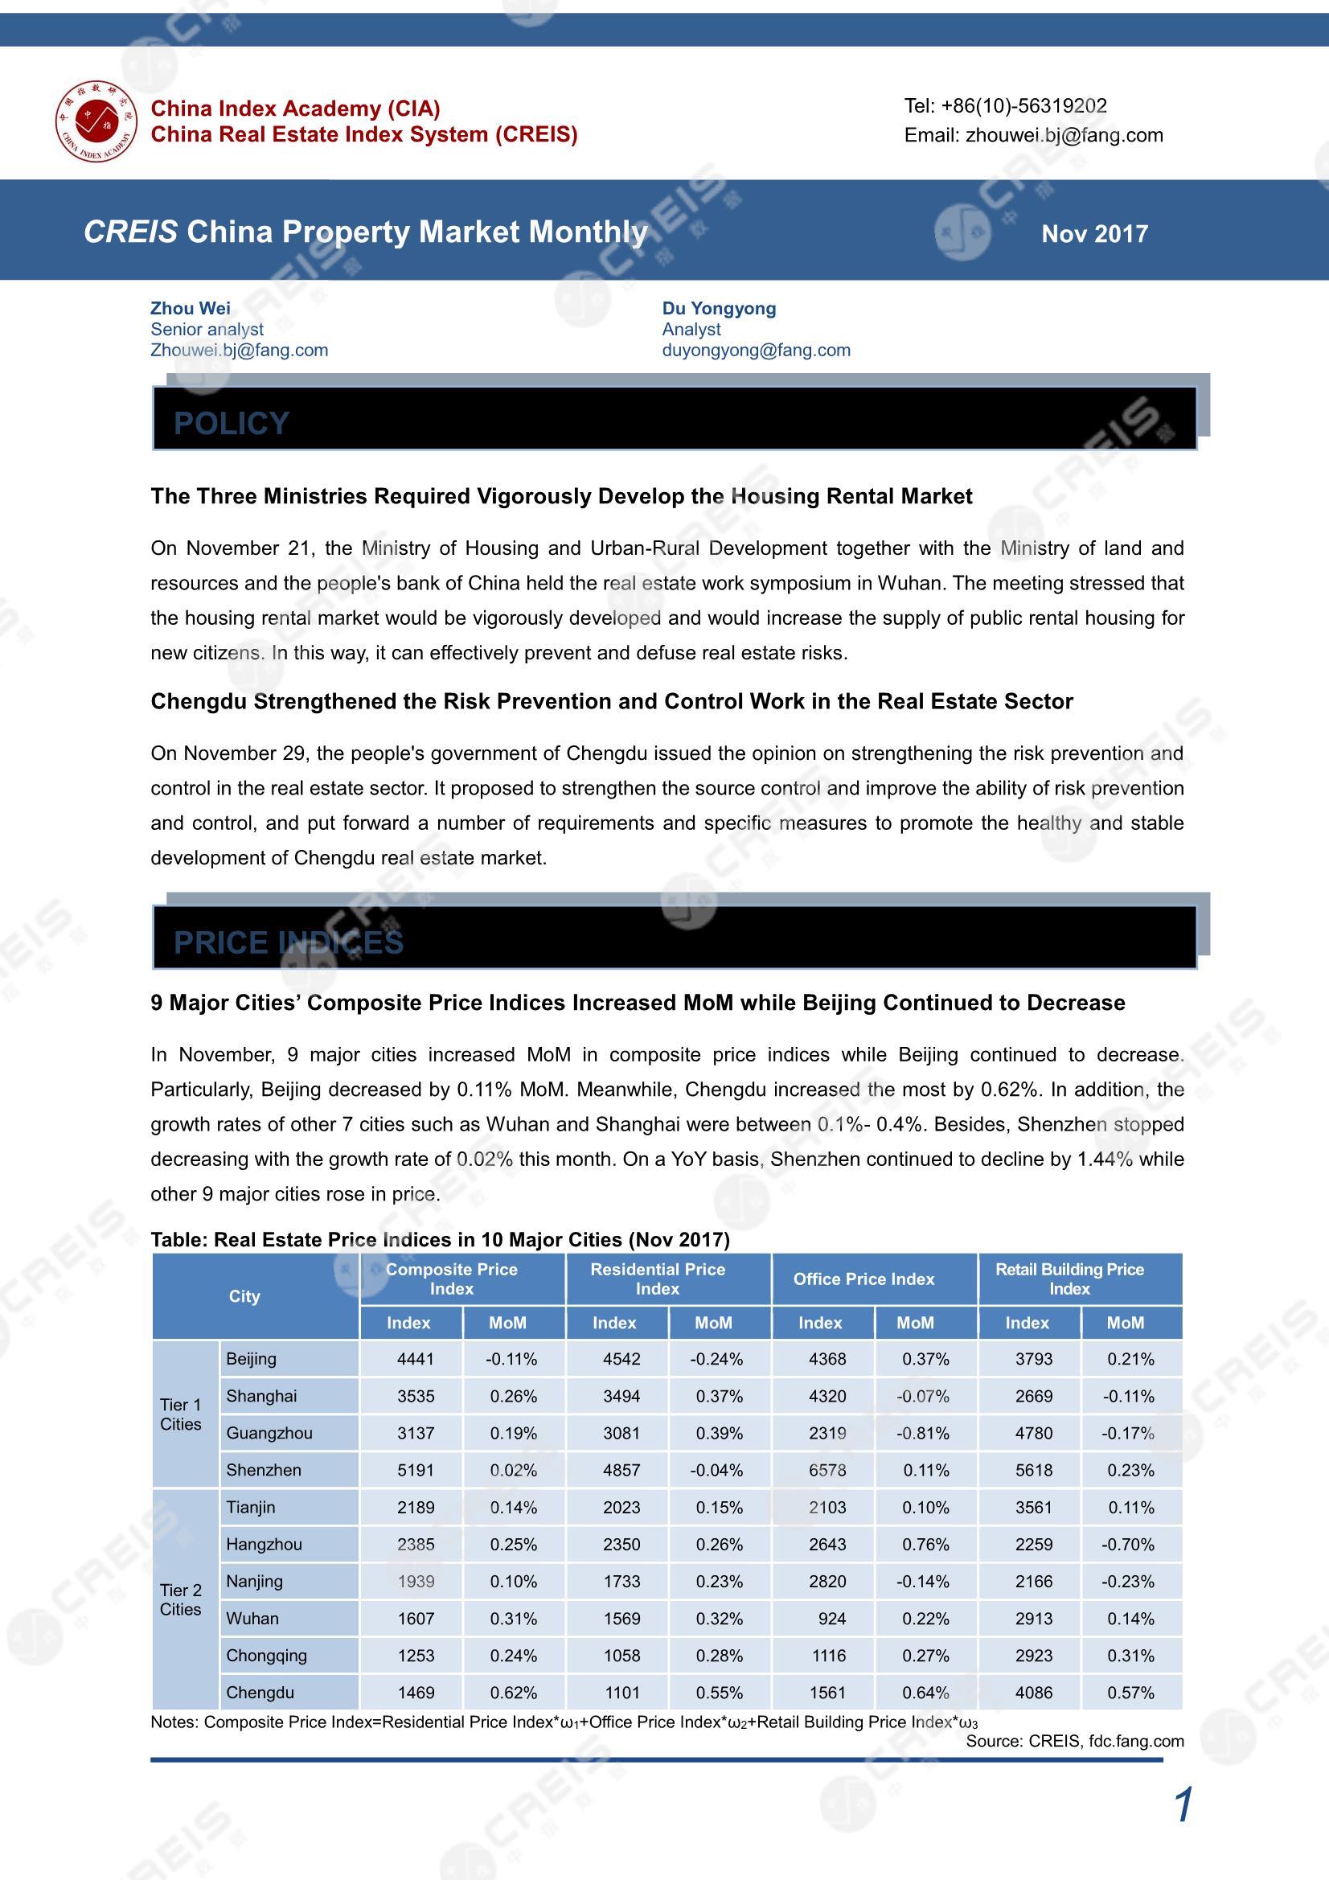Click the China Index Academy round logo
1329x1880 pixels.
[x=96, y=121]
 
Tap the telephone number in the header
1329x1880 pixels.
[x=1005, y=106]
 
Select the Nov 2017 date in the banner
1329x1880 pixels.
[x=1094, y=234]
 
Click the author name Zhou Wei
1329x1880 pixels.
[x=190, y=308]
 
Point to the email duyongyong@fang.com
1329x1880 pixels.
[x=756, y=351]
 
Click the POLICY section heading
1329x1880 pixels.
[x=232, y=423]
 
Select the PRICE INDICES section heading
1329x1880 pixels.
[x=289, y=942]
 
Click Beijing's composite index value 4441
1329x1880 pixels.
[x=415, y=1360]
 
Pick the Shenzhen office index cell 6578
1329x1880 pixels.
[x=827, y=1471]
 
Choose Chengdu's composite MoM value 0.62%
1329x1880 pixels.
[x=514, y=1693]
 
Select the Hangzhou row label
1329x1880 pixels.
[x=264, y=1544]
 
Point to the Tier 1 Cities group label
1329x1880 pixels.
[x=181, y=1415]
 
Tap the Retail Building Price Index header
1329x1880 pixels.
[x=1069, y=1279]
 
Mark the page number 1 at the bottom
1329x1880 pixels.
[x=1183, y=1805]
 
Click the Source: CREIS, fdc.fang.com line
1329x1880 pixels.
[x=1074, y=1742]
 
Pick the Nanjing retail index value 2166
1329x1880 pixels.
[x=1033, y=1582]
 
